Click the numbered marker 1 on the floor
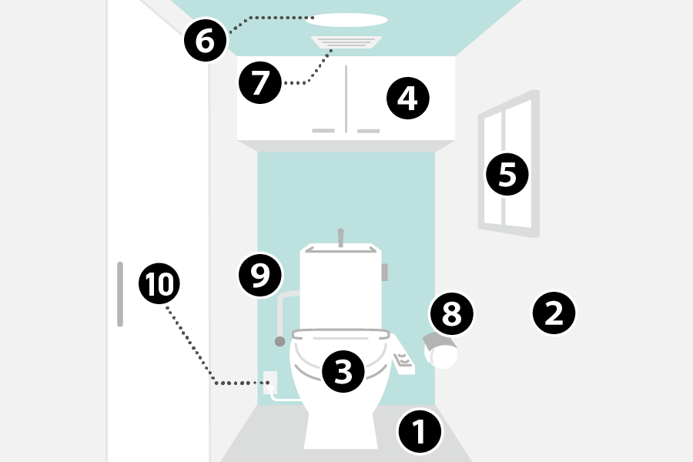click(x=420, y=432)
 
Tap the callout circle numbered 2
click(x=554, y=313)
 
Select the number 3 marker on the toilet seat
click(x=343, y=371)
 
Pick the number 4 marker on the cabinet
click(x=407, y=98)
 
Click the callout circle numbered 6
click(x=205, y=41)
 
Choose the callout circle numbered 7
click(x=260, y=82)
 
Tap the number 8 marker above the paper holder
click(x=451, y=313)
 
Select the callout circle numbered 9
click(x=260, y=275)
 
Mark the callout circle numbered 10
click(x=159, y=284)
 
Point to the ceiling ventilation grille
click(x=346, y=43)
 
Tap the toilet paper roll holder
click(x=441, y=352)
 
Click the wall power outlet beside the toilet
click(x=270, y=382)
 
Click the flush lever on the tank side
click(x=384, y=271)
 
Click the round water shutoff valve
click(x=280, y=340)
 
